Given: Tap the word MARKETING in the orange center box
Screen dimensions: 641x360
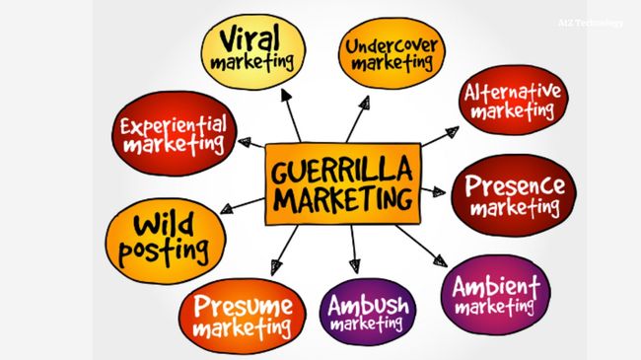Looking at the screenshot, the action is click(x=342, y=198).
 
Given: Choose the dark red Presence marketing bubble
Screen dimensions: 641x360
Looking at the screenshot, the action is click(x=513, y=194).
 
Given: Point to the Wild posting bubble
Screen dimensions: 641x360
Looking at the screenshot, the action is click(x=165, y=240).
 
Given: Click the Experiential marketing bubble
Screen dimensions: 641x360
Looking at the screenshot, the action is click(x=173, y=133).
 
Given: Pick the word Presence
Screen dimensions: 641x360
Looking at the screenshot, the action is click(x=515, y=184).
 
